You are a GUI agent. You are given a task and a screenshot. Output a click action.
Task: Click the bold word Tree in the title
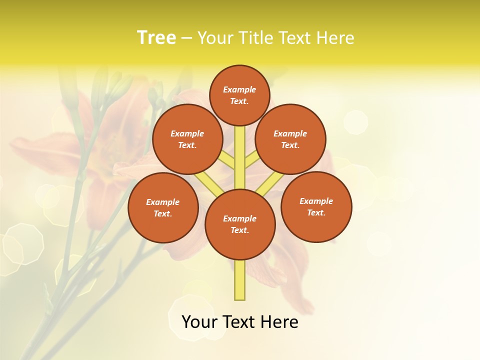[x=156, y=37]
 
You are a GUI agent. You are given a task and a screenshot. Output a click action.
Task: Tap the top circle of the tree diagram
[x=239, y=95]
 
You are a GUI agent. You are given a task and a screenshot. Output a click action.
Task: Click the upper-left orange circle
[x=187, y=139]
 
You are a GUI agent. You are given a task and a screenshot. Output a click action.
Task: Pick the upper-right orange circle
[x=290, y=139]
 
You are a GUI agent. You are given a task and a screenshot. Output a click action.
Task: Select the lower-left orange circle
[x=163, y=207]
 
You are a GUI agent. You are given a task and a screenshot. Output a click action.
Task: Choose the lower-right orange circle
[x=316, y=206]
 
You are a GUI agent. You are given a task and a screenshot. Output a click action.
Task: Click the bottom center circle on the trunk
[x=240, y=224]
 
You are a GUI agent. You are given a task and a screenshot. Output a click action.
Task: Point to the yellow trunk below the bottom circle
[x=240, y=279]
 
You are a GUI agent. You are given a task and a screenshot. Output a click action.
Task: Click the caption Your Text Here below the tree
[x=240, y=322]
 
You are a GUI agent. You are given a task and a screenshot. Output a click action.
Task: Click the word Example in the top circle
[x=239, y=89]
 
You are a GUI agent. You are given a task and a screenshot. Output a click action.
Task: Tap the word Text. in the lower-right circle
[x=316, y=212]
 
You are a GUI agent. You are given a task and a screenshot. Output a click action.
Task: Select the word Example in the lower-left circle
[x=162, y=202]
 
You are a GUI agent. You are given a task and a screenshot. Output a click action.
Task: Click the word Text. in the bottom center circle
[x=239, y=230]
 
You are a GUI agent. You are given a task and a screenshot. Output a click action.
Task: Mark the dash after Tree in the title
[x=186, y=38]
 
